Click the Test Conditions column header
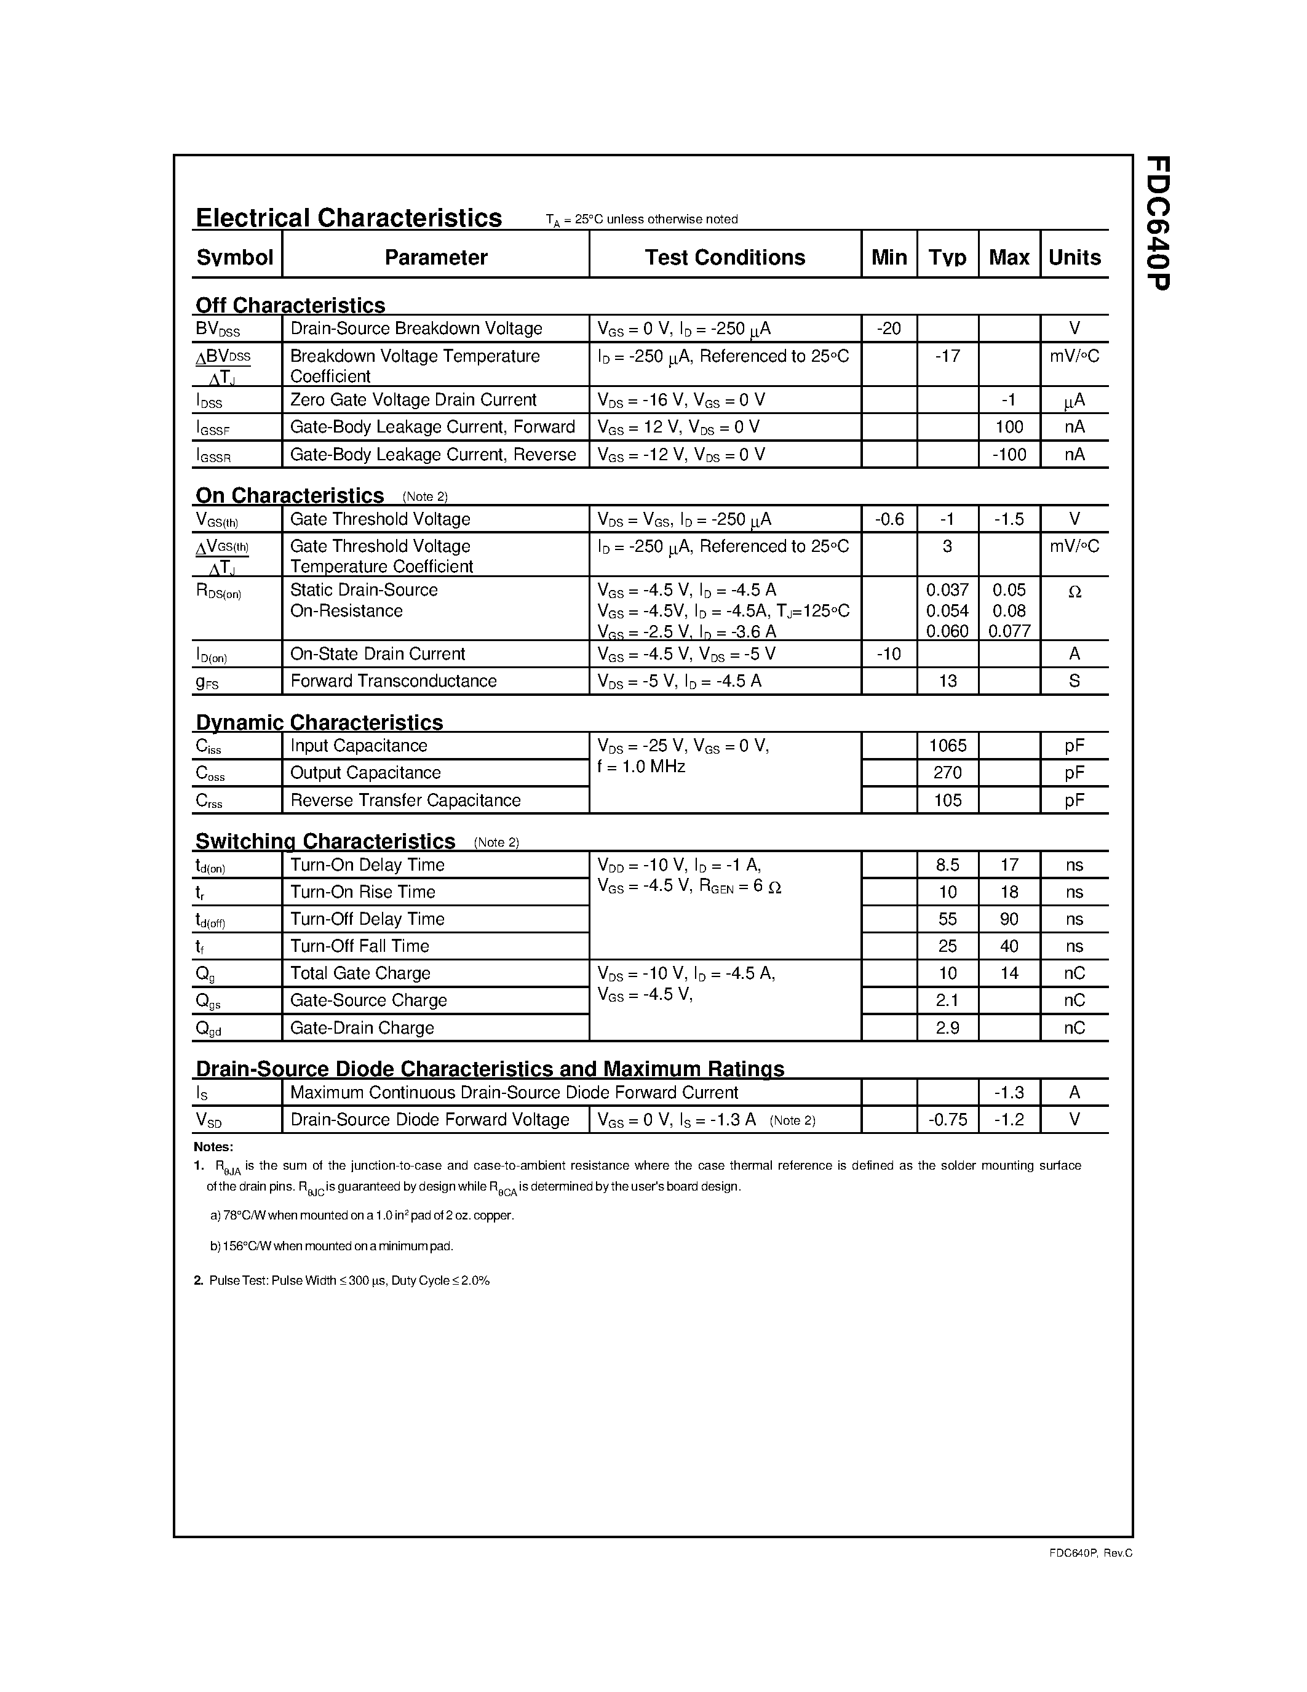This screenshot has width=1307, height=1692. [x=725, y=257]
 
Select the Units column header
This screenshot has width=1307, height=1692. [x=1074, y=257]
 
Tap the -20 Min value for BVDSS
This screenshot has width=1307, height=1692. [x=888, y=329]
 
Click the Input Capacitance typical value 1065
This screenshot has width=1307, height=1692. [x=947, y=745]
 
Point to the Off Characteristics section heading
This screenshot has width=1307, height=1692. [x=290, y=305]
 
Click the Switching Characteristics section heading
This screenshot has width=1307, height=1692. [x=325, y=840]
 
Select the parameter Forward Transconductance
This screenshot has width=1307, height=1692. [x=394, y=681]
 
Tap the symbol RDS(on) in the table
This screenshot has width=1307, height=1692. [x=218, y=592]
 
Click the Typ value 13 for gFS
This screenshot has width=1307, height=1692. [x=947, y=681]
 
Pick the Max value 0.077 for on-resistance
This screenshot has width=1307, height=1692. [x=1009, y=631]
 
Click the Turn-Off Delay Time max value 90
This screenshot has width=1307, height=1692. [x=1009, y=919]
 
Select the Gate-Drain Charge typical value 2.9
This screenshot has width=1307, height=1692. [x=947, y=1028]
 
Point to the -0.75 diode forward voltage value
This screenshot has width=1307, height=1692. [x=947, y=1119]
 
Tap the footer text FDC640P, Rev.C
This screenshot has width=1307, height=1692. [x=1090, y=1552]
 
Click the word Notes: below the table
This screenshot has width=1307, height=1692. [x=213, y=1147]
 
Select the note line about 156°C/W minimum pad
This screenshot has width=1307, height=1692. [x=332, y=1246]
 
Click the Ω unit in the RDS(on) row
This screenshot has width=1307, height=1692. [x=1074, y=592]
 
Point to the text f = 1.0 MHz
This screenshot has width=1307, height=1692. [x=641, y=767]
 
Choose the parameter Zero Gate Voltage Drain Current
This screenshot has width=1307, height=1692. [x=413, y=400]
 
